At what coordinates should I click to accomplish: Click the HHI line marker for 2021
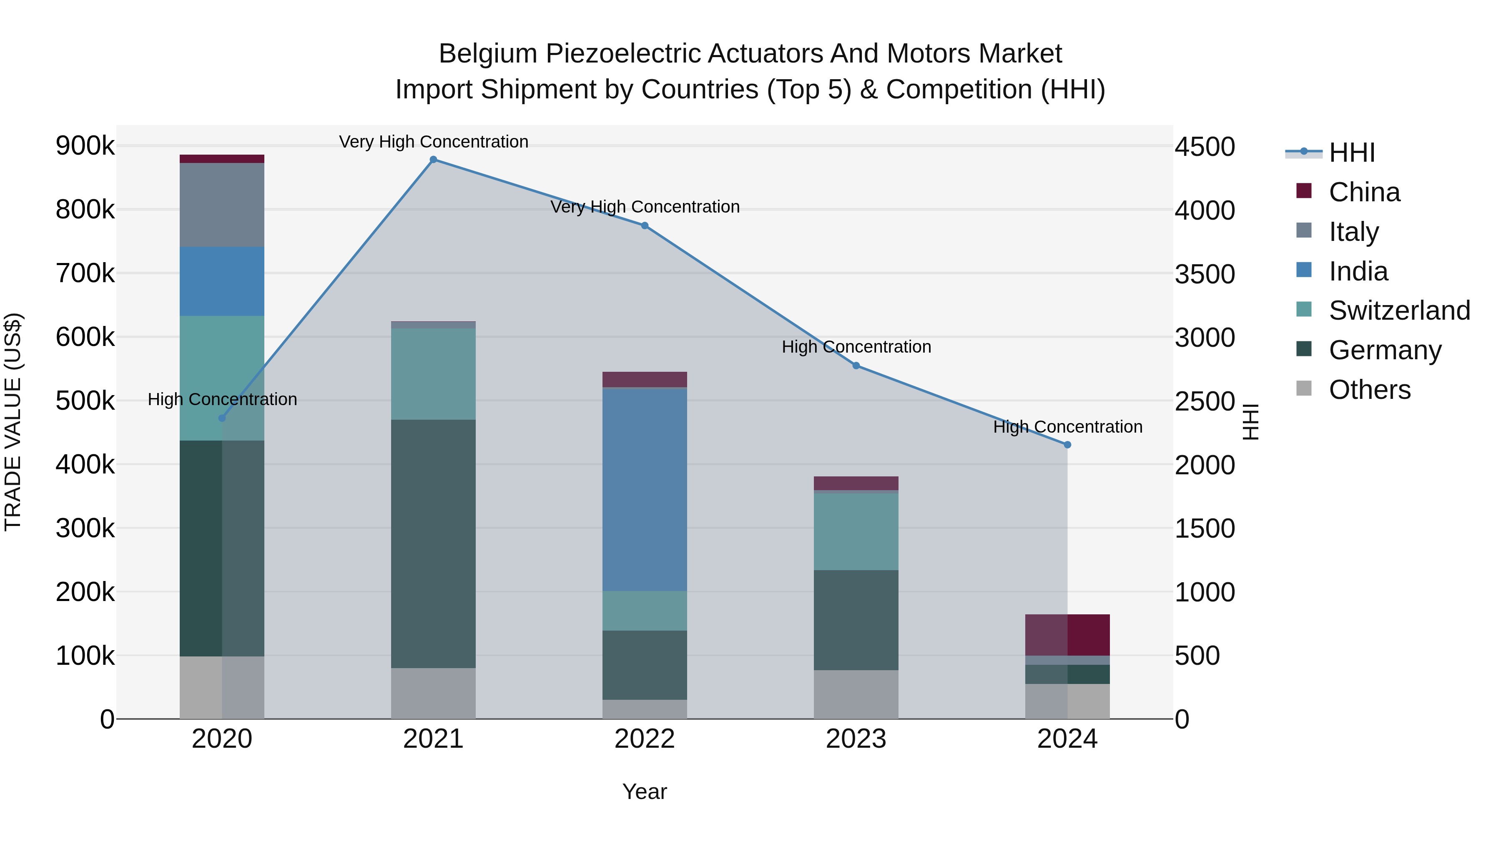(x=433, y=160)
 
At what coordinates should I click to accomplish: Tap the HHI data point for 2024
(x=1067, y=445)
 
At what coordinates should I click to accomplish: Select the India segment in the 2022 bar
(x=645, y=489)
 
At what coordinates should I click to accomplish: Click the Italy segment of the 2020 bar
(x=222, y=205)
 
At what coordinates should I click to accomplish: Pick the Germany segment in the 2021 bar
(x=433, y=543)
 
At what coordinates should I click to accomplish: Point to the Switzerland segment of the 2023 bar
(x=856, y=531)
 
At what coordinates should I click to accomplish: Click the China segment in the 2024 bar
(x=1067, y=635)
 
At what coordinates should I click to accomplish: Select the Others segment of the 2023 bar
(x=856, y=694)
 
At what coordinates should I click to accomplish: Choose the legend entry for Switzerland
(x=1398, y=311)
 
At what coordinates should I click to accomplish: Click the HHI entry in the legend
(x=1351, y=153)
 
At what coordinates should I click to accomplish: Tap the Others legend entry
(x=1369, y=390)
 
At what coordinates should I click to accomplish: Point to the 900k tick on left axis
(x=85, y=145)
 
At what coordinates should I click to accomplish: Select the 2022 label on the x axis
(x=645, y=739)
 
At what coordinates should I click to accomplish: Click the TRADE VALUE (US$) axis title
(x=13, y=422)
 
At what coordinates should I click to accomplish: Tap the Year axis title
(x=645, y=791)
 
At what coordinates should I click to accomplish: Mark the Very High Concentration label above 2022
(x=645, y=207)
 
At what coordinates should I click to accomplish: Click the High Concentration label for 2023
(x=856, y=347)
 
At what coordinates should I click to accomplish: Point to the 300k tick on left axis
(x=85, y=528)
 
